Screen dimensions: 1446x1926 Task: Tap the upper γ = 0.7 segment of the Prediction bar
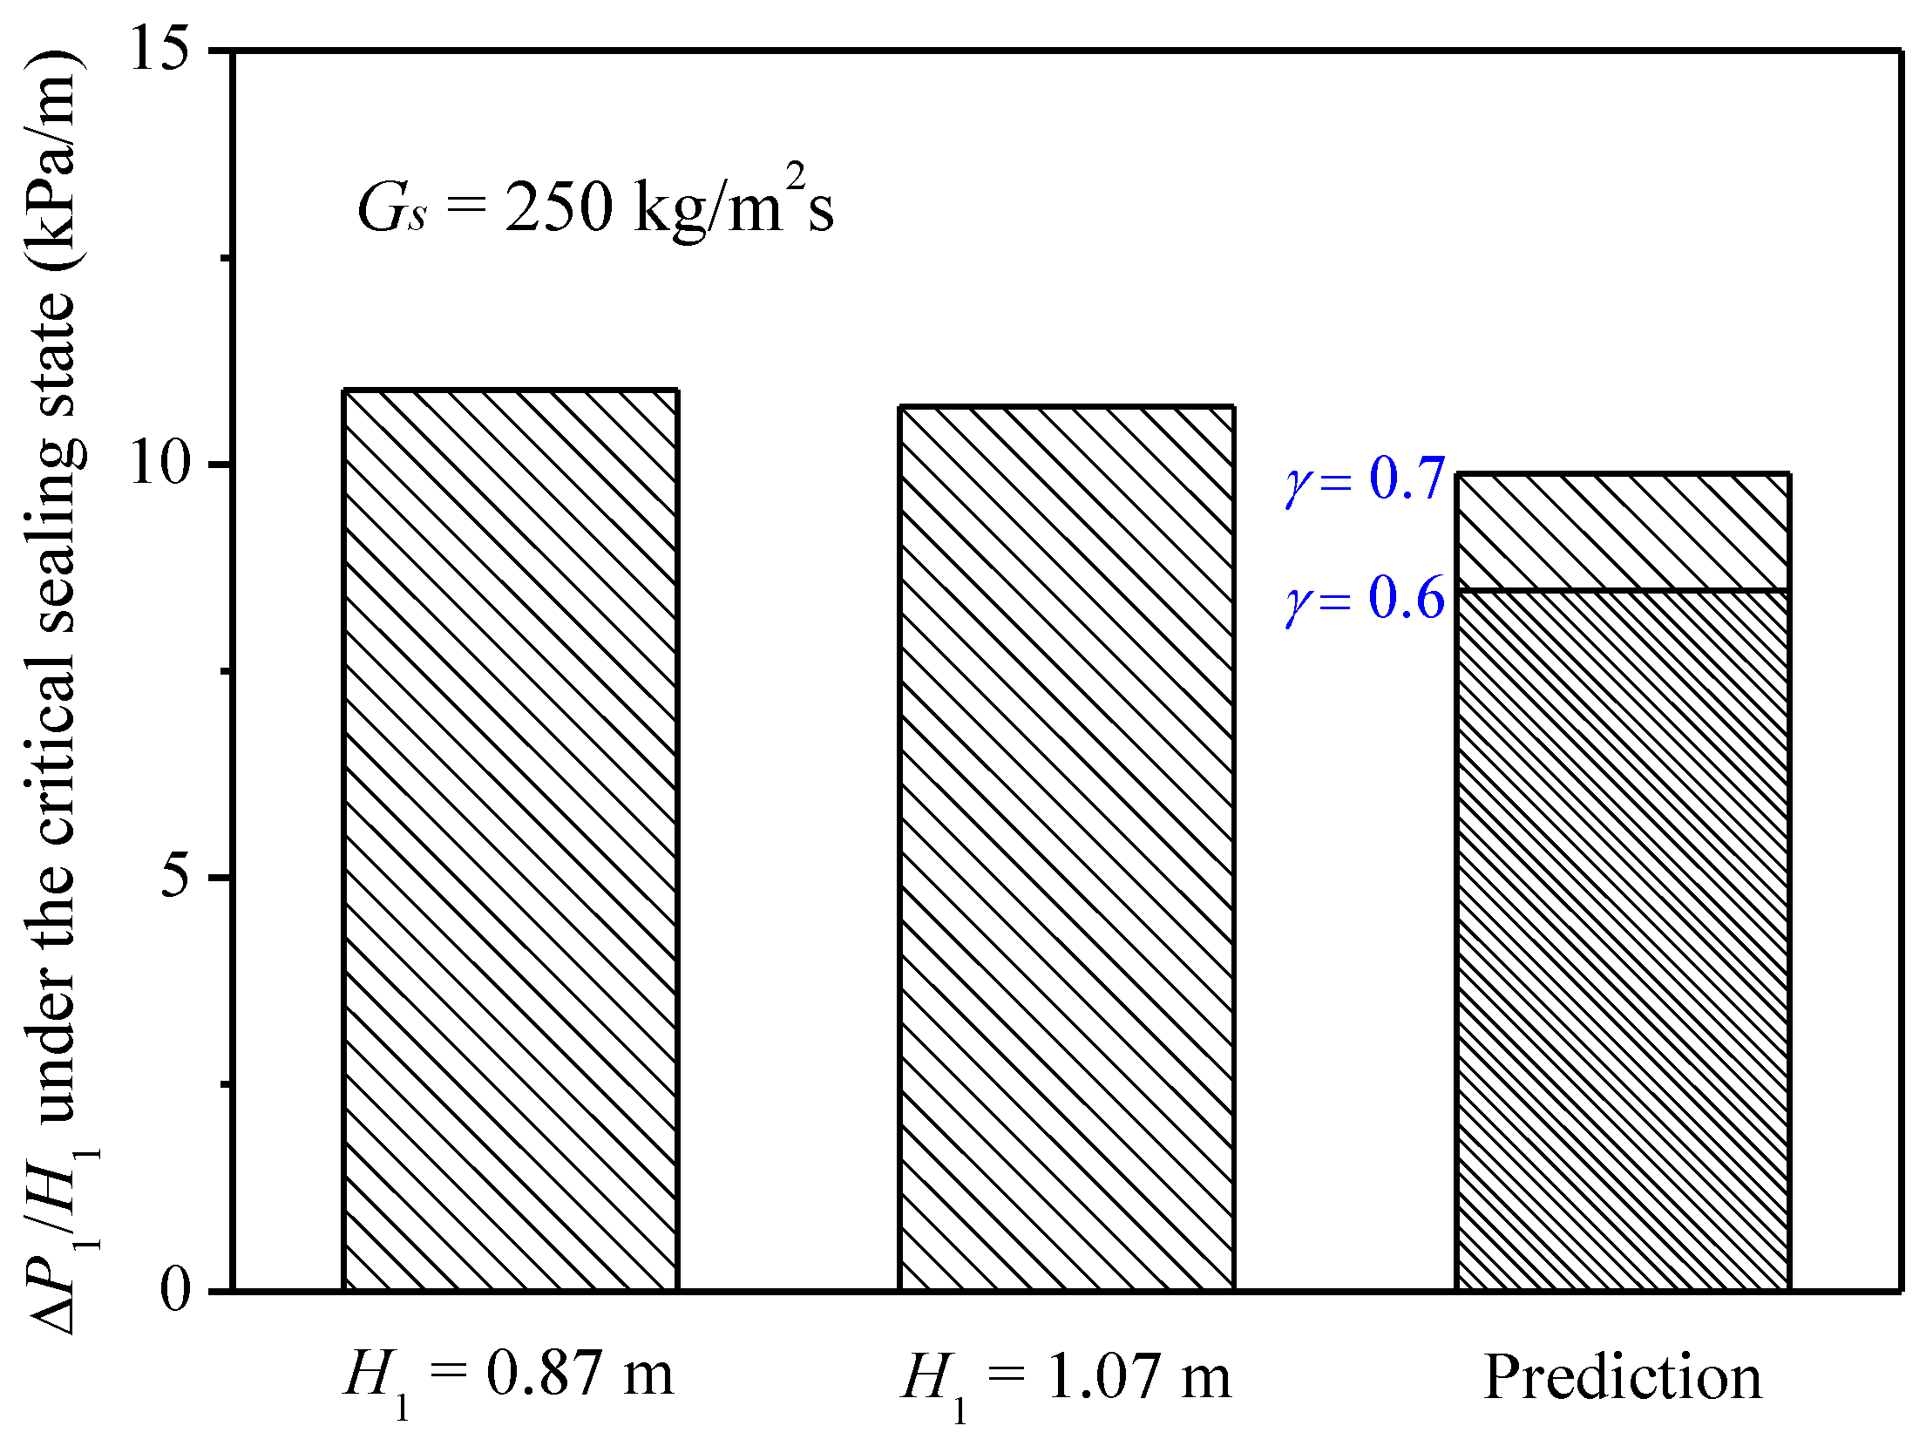pos(1623,532)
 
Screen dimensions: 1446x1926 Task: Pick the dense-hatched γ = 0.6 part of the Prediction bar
pos(1623,941)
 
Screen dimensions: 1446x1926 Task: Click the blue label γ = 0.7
pos(1365,479)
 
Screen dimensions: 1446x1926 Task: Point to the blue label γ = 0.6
pos(1365,600)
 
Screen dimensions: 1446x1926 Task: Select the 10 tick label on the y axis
pos(159,464)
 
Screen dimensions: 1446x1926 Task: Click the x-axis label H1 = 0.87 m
pos(509,1377)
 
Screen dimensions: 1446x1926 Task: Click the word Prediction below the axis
pos(1623,1377)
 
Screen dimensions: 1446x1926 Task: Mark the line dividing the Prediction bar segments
pos(1623,591)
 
